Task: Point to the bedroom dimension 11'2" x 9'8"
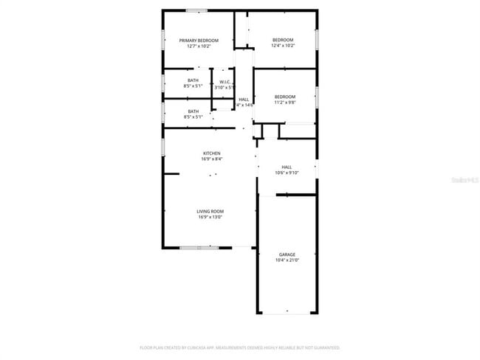(x=285, y=103)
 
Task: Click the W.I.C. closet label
(x=224, y=81)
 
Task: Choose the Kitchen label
(x=211, y=153)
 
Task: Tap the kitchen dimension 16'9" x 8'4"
(x=211, y=159)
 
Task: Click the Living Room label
(x=210, y=211)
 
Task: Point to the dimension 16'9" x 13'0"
(x=210, y=217)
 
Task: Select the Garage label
(x=287, y=255)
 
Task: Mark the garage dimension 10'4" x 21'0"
(x=287, y=260)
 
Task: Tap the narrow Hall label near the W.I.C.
(x=243, y=100)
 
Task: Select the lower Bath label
(x=192, y=111)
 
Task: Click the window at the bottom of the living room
(x=199, y=248)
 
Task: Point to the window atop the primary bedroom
(x=196, y=10)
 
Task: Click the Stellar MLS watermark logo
(x=465, y=179)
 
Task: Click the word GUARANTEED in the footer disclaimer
(x=323, y=347)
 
